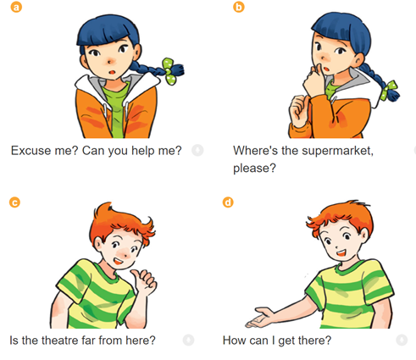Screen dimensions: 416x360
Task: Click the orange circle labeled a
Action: (16, 7)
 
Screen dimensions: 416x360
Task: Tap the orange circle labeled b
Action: (239, 7)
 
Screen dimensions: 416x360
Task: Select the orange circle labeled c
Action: (14, 202)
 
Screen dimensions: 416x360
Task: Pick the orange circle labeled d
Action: (228, 202)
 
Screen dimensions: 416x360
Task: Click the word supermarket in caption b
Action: (337, 151)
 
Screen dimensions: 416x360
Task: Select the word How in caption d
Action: (232, 341)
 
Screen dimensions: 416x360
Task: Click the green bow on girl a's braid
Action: (169, 71)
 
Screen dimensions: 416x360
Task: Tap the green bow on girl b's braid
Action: (389, 91)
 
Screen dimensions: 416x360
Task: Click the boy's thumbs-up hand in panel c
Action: (144, 282)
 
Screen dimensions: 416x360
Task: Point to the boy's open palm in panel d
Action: (260, 318)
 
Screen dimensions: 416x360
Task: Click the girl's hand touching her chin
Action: (313, 80)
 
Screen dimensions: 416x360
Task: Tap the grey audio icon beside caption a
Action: (197, 150)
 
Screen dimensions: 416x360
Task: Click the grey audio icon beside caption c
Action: (188, 340)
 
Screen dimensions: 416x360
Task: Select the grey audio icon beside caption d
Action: (402, 340)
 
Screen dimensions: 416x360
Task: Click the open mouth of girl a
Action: (113, 72)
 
